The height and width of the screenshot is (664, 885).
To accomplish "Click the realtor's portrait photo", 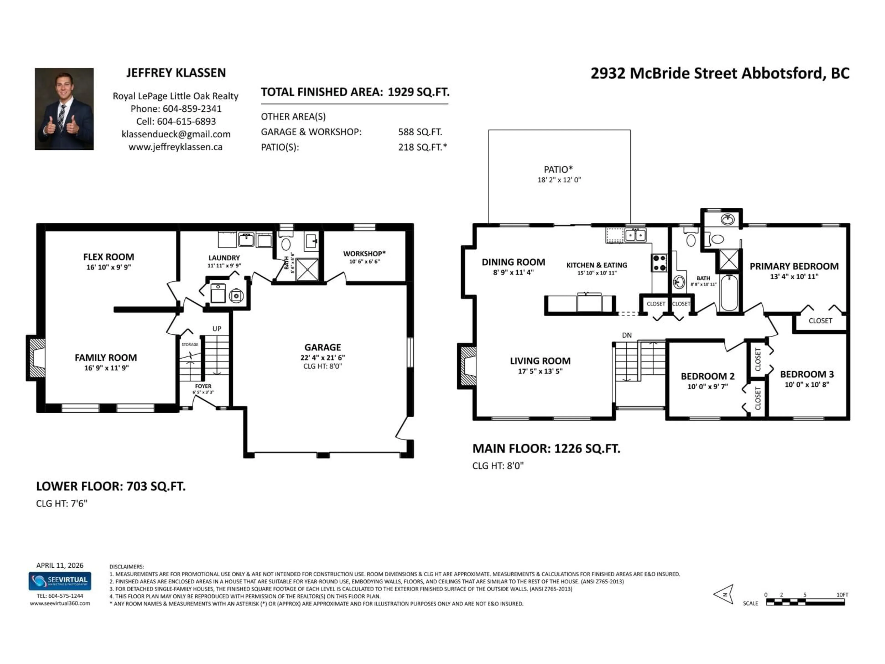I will pos(64,109).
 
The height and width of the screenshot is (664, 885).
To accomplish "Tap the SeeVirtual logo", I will pos(60,581).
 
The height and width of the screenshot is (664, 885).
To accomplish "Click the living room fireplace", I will pos(468,366).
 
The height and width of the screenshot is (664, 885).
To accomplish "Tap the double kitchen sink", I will pos(635,235).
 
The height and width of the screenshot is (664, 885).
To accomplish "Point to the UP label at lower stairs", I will pos(216,329).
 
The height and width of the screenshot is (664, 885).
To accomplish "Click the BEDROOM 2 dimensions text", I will pos(707,387).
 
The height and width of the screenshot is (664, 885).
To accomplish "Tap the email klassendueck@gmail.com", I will pos(176,134).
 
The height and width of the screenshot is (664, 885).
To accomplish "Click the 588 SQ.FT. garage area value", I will pos(420,132).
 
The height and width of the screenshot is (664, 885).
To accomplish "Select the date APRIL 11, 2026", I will pos(60,565).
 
